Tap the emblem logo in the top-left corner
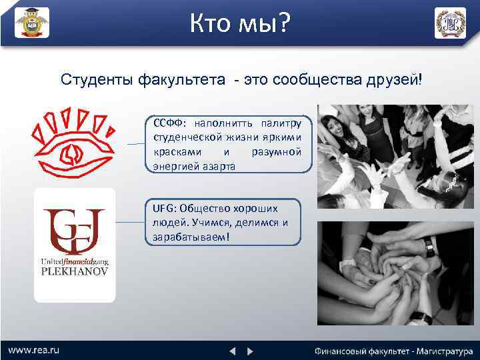tap(32, 23)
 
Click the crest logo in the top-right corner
tap(451, 23)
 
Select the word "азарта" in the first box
tap(215, 166)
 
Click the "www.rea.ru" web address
tap(34, 349)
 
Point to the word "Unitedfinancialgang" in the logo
tap(75, 262)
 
